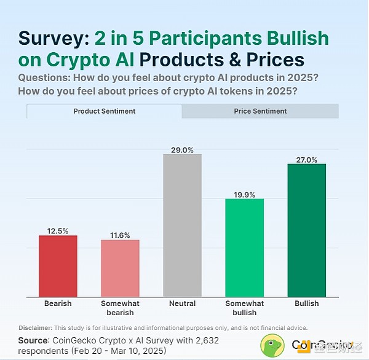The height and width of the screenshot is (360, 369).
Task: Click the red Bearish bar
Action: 58,266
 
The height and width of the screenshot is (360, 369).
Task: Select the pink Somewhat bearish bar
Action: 120,268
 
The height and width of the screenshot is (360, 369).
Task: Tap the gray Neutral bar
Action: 182,225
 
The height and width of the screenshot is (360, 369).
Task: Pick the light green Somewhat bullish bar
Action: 244,248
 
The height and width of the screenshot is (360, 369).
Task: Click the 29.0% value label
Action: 182,149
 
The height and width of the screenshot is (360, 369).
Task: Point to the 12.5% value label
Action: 58,230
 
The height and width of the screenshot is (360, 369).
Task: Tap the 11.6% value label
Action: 120,235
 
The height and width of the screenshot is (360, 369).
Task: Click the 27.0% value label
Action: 306,159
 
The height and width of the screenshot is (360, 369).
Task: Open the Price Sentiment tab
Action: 260,111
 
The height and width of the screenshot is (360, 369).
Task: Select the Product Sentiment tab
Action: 105,111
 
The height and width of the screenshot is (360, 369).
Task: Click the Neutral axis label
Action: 182,303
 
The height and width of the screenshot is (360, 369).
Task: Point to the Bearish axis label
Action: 58,303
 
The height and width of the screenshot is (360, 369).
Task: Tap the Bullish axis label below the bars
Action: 306,303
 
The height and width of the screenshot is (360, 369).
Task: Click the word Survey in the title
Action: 54,38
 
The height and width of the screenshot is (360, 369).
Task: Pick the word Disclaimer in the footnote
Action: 36,327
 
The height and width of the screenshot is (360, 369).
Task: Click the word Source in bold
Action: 34,339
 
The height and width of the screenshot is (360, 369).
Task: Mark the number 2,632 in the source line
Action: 204,340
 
